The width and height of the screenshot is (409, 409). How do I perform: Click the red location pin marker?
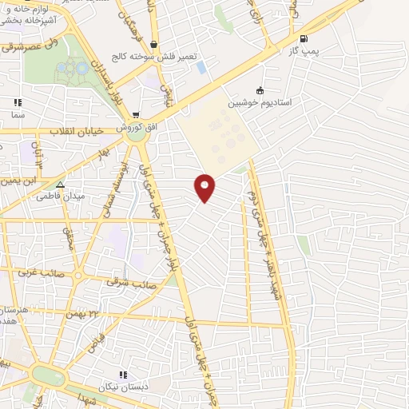point(205,187)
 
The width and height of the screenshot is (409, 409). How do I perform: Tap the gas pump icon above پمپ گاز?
point(303,38)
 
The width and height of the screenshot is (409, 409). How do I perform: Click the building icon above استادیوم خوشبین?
point(259,90)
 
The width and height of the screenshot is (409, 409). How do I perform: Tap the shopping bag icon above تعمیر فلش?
point(154,45)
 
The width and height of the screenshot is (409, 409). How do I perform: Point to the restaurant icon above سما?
point(18,102)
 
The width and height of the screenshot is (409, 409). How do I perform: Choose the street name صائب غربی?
point(69,274)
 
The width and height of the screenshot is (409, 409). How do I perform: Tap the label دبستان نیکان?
point(124,387)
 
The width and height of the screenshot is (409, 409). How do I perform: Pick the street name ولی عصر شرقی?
point(24,48)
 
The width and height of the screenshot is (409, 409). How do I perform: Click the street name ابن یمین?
point(22,181)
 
